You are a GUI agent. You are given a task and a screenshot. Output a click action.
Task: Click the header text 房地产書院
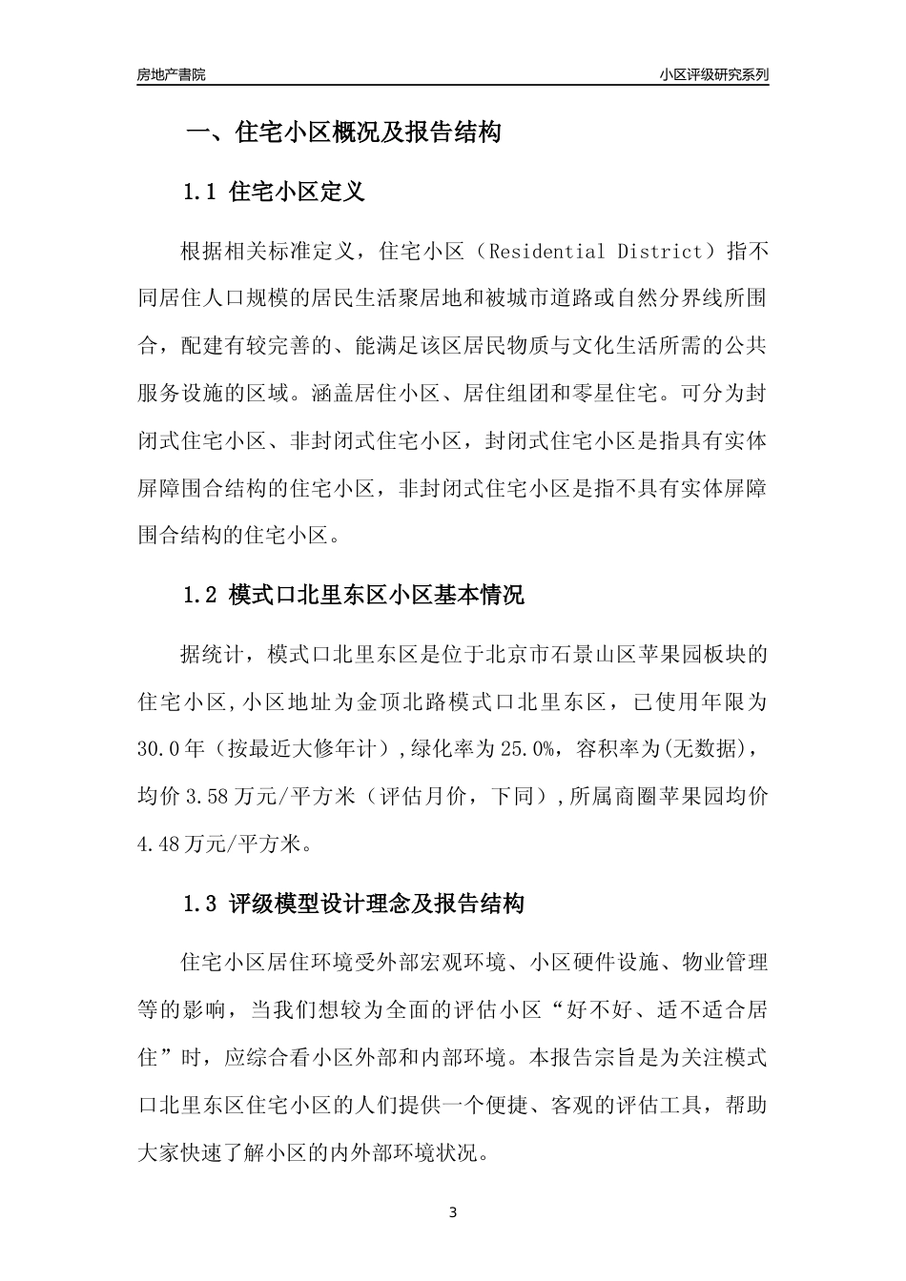coord(171,74)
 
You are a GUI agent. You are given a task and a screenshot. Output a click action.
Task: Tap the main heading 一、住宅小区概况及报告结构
coord(343,132)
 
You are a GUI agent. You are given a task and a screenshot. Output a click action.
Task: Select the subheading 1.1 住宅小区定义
coord(275,192)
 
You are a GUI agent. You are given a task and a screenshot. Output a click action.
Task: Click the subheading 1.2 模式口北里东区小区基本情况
coord(354,596)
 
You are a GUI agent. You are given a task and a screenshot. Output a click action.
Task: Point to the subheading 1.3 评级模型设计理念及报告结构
coord(354,904)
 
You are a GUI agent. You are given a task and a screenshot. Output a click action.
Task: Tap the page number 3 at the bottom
coord(453,1213)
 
